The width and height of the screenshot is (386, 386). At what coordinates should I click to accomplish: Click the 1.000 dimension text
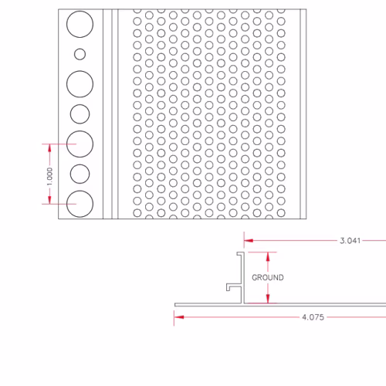click(x=49, y=176)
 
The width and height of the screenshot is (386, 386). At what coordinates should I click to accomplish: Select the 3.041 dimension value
click(x=350, y=241)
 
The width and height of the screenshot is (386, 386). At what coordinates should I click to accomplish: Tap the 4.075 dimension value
click(x=313, y=317)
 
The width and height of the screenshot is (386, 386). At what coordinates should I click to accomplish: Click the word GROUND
click(x=268, y=277)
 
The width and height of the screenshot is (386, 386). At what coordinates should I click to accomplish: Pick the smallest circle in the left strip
click(x=80, y=54)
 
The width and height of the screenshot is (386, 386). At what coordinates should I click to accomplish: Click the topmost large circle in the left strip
click(x=80, y=11)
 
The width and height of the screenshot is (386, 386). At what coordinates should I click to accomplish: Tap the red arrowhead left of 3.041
click(x=249, y=241)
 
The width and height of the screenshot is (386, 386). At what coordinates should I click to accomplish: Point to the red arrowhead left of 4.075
click(x=179, y=317)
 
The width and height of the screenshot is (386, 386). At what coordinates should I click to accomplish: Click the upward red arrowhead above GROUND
click(x=268, y=256)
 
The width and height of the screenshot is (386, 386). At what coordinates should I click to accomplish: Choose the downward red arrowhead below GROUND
click(x=268, y=299)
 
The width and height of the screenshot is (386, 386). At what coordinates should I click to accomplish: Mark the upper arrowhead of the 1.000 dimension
click(x=49, y=148)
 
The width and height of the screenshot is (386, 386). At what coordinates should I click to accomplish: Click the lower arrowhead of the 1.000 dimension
click(x=49, y=200)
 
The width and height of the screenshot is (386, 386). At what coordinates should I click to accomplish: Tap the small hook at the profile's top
click(x=240, y=253)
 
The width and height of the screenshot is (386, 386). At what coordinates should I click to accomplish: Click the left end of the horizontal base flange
click(x=175, y=305)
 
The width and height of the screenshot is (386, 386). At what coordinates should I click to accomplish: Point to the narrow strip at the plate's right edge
click(x=303, y=114)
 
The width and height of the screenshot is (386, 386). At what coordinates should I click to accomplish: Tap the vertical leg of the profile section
click(x=242, y=278)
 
